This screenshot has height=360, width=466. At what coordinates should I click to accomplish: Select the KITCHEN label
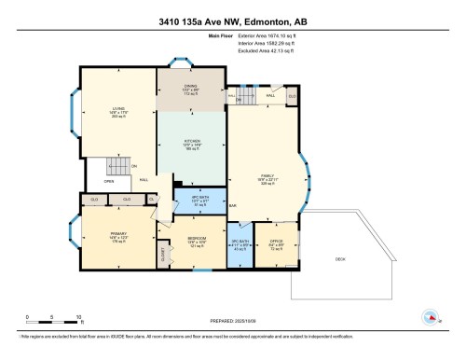(191, 141)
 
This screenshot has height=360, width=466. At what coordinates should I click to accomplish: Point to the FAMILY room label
(267, 176)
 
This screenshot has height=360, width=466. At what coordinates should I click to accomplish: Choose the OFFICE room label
(276, 244)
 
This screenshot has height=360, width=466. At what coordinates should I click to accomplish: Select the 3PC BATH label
(240, 244)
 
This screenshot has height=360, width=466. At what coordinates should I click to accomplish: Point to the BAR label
(233, 205)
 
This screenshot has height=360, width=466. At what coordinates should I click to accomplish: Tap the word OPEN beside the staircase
(109, 182)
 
